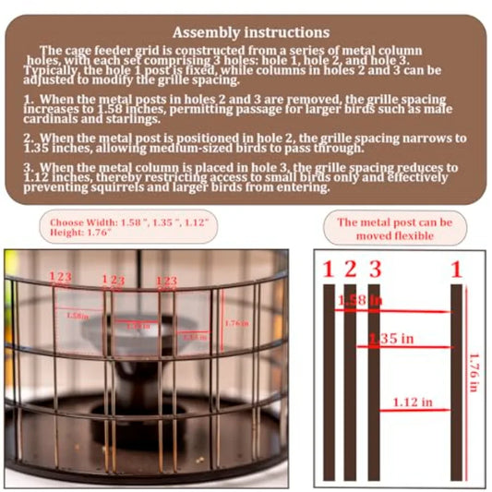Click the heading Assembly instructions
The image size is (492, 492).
pos(250,32)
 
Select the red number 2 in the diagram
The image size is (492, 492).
pos(350,270)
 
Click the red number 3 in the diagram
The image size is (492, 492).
pos(373,270)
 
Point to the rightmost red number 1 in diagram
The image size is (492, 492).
pos(456,270)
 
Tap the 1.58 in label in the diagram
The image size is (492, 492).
pos(358,301)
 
